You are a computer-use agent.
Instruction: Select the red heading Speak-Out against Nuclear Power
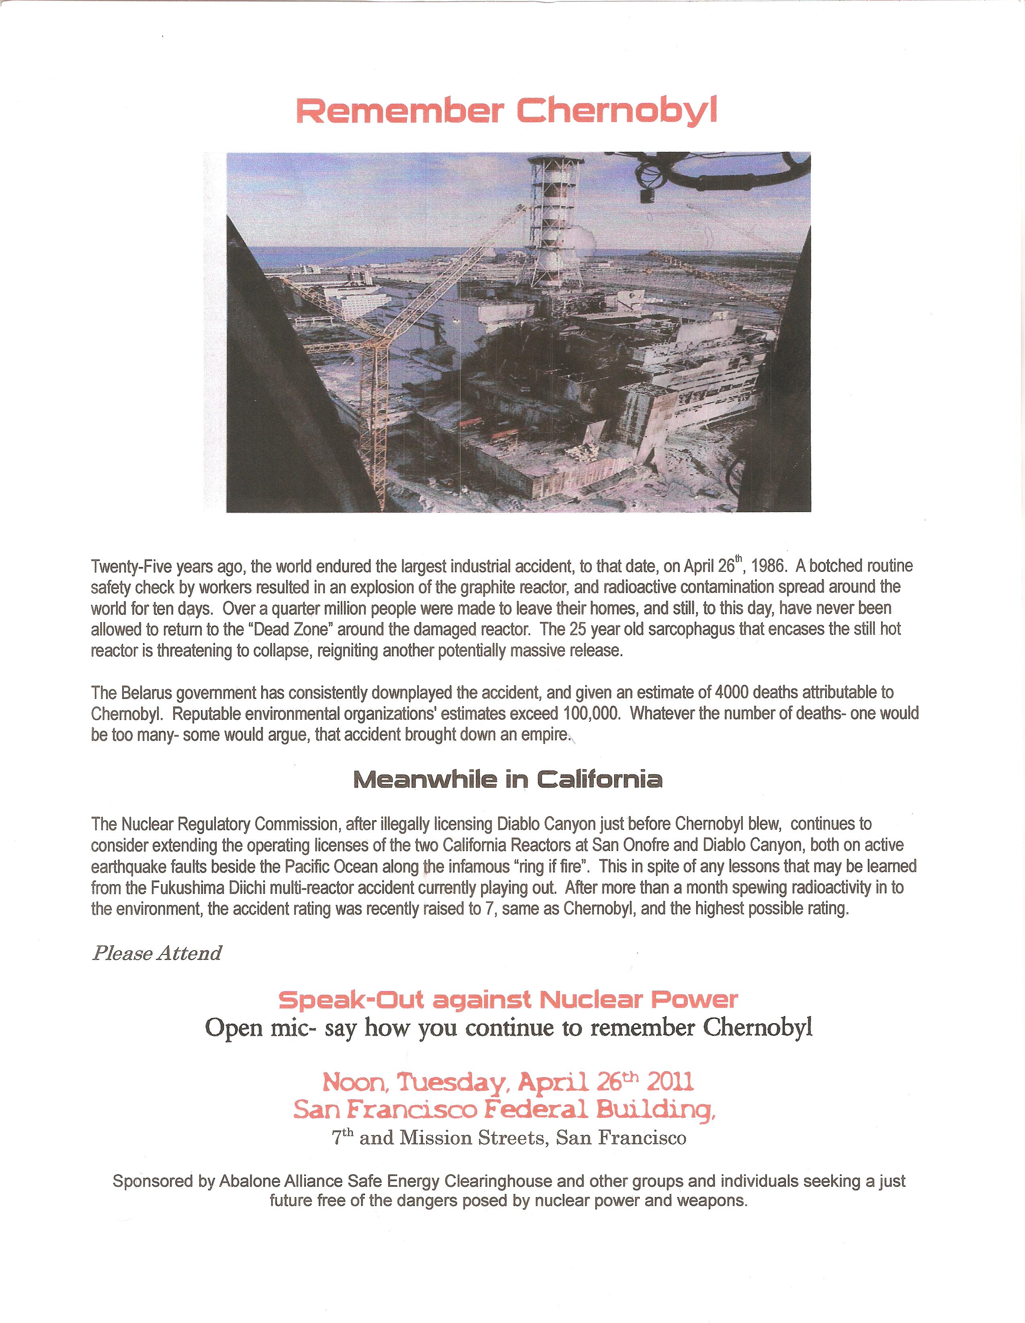pyautogui.click(x=508, y=999)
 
